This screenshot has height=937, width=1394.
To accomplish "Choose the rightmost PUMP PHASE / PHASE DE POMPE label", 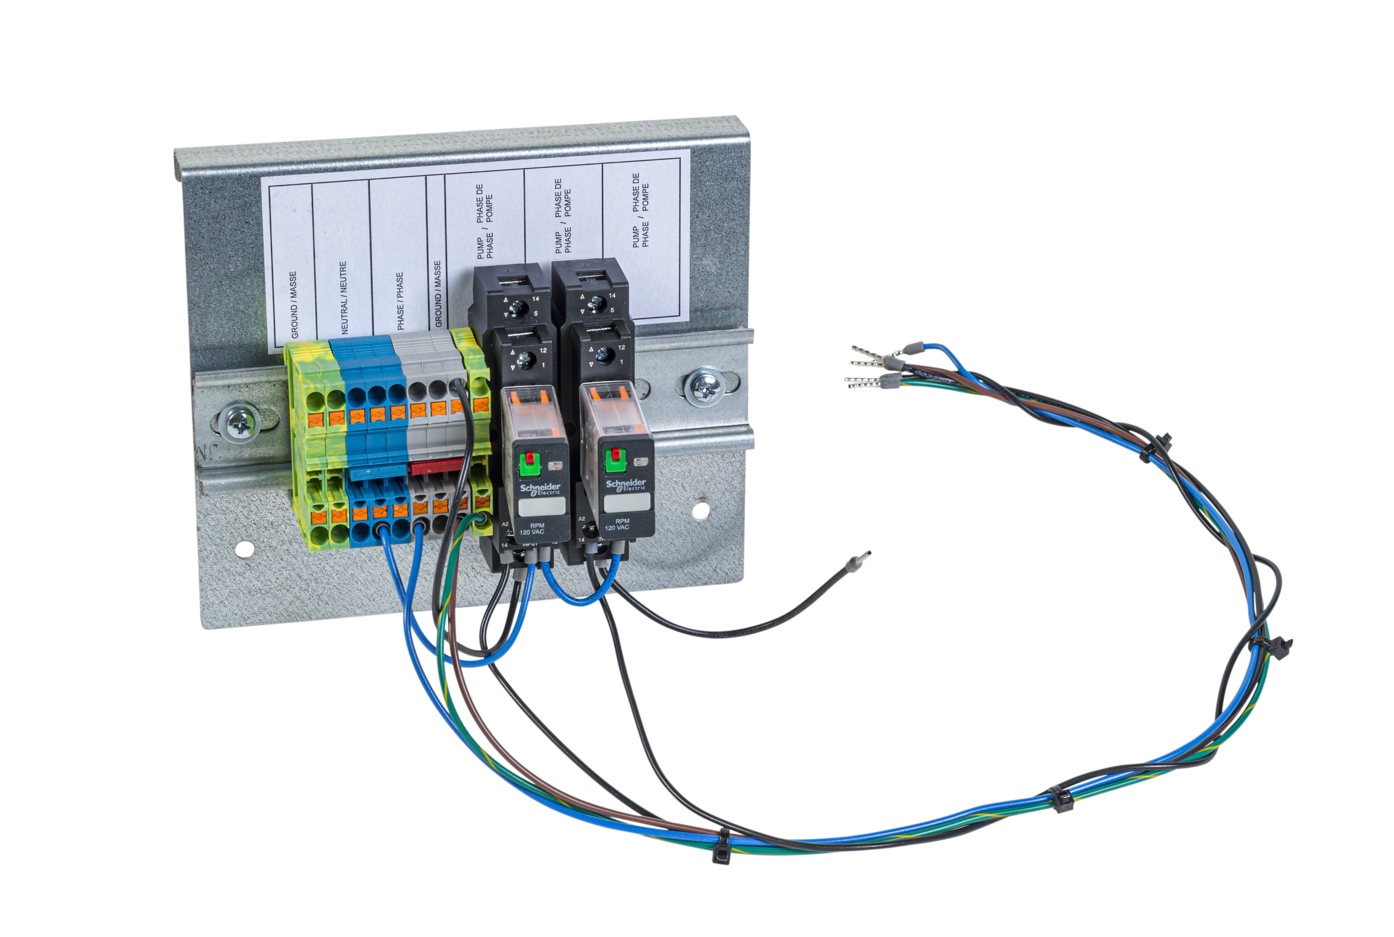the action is tap(640, 210).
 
